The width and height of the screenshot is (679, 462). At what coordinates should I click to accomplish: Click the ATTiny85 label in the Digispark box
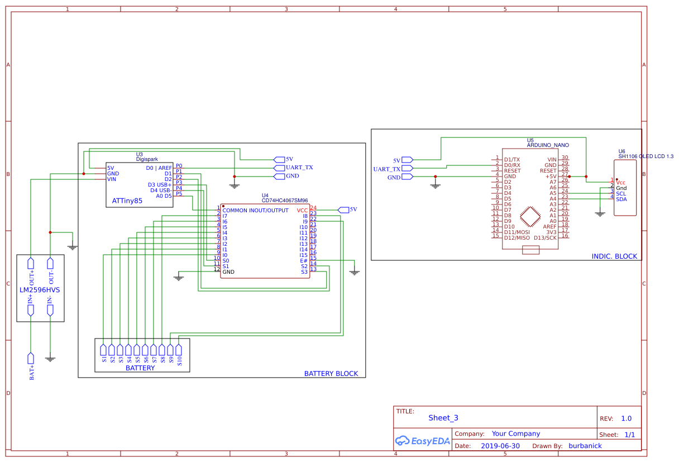pyautogui.click(x=127, y=200)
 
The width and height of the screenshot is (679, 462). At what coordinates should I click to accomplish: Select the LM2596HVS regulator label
pyautogui.click(x=40, y=290)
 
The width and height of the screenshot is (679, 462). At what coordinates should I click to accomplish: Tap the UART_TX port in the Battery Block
pyautogui.click(x=299, y=168)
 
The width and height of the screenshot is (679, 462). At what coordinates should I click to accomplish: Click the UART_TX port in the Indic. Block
pyautogui.click(x=386, y=169)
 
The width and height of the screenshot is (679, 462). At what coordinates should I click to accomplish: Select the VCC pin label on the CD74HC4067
pyautogui.click(x=302, y=210)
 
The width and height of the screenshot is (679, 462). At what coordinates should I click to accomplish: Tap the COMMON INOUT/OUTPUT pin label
pyautogui.click(x=255, y=210)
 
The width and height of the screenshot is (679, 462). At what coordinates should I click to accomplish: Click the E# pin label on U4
pyautogui.click(x=304, y=260)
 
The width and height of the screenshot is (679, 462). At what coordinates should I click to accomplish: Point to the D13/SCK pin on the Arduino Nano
pyautogui.click(x=545, y=237)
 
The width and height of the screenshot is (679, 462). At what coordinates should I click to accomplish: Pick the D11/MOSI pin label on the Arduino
pyautogui.click(x=517, y=232)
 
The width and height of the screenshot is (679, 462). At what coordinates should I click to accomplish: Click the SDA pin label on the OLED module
pyautogui.click(x=621, y=199)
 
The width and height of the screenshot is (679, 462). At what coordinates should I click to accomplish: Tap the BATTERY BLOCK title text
pyautogui.click(x=331, y=374)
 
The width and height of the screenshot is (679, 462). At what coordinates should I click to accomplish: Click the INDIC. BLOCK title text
pyautogui.click(x=614, y=256)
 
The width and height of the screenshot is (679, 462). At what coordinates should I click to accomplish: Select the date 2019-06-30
pyautogui.click(x=500, y=446)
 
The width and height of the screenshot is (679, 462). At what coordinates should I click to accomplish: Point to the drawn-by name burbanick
pyautogui.click(x=585, y=446)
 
